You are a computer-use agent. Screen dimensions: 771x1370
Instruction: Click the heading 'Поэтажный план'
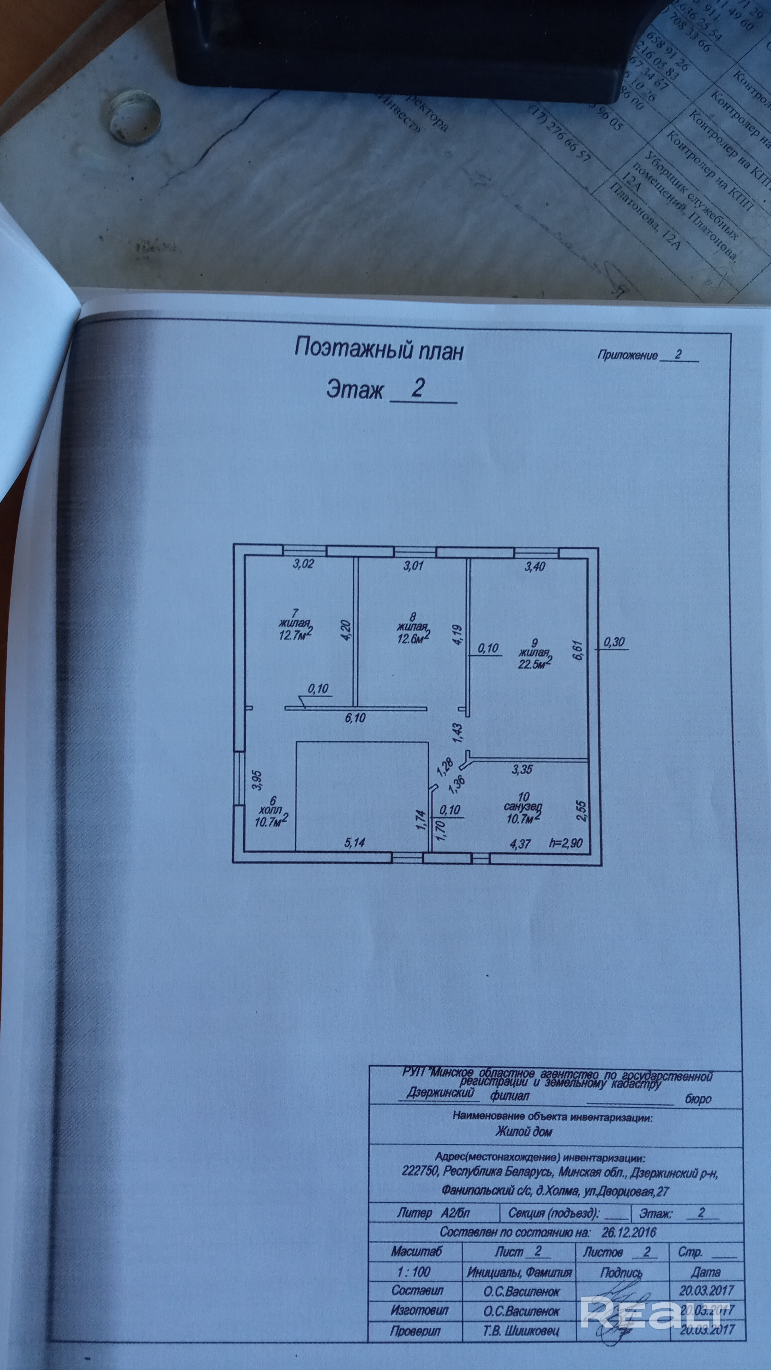click(x=379, y=350)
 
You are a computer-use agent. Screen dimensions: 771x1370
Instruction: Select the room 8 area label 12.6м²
click(x=413, y=637)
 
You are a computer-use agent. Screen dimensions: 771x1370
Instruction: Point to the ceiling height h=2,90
click(x=566, y=843)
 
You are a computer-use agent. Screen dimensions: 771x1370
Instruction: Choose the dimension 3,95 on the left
click(x=258, y=779)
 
